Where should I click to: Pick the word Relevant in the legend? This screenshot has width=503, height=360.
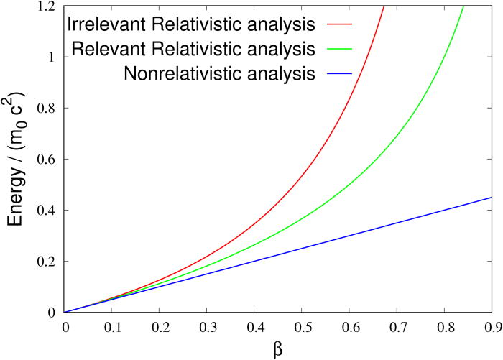(110, 49)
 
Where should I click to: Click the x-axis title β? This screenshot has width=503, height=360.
(278, 348)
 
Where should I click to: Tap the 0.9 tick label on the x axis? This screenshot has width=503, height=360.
(492, 326)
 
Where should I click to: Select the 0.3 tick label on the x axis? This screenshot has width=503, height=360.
(207, 326)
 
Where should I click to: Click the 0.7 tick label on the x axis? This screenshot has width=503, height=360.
(397, 326)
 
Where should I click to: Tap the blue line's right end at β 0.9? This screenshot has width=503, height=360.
(492, 198)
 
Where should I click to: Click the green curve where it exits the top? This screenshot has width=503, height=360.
(463, 7)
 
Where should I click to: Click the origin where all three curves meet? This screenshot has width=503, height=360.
(65, 312)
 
